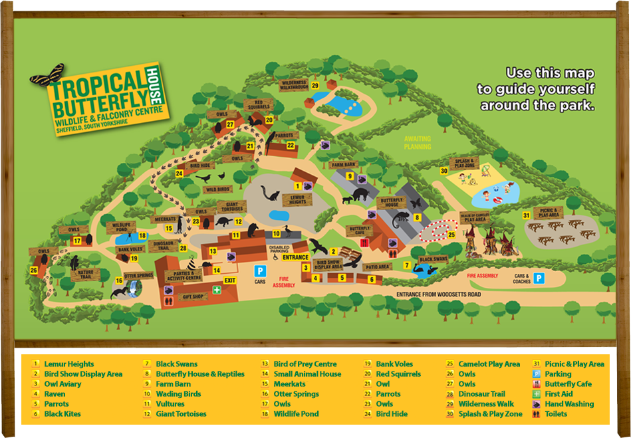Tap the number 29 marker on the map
click(x=315, y=85)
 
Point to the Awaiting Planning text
click(x=418, y=142)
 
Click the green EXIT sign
click(x=230, y=280)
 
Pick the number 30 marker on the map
click(x=443, y=171)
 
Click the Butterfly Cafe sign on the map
click(x=360, y=230)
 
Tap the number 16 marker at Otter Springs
click(x=120, y=280)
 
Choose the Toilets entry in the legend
click(x=556, y=413)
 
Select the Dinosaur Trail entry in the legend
click(x=481, y=394)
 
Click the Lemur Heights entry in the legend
click(x=69, y=364)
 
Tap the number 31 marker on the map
click(x=526, y=215)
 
